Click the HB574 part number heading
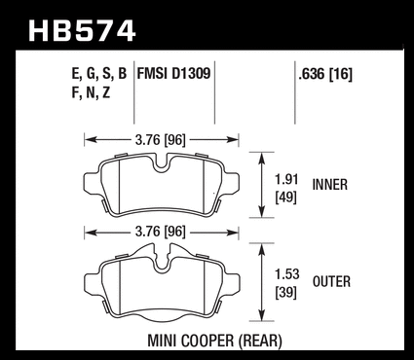[x=82, y=31]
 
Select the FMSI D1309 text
[x=173, y=74]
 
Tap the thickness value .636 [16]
[x=325, y=74]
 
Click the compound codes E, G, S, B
[x=99, y=74]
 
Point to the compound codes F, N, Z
[x=91, y=93]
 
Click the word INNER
[x=330, y=185]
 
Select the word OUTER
[x=331, y=281]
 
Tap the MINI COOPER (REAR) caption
[x=214, y=341]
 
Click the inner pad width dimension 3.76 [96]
[x=161, y=140]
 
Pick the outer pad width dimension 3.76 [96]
[x=161, y=233]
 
